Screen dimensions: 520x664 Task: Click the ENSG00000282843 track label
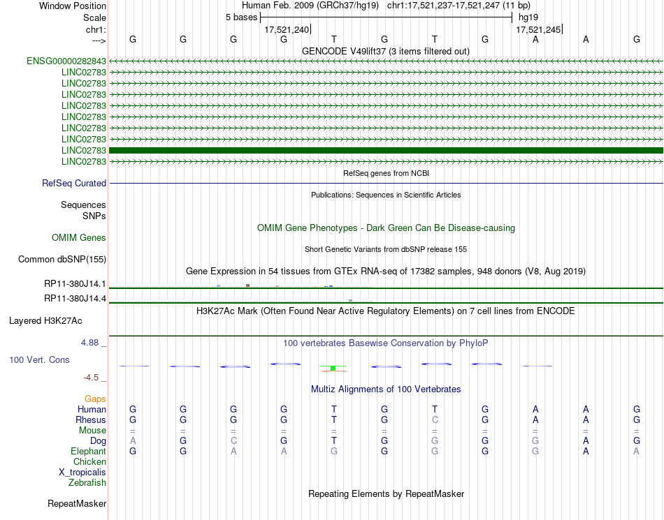tap(66, 61)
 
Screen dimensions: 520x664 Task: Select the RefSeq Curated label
tap(74, 184)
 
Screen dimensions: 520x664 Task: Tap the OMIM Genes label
tap(79, 238)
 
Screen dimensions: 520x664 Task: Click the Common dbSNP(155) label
tap(62, 260)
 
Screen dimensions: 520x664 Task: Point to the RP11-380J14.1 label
tap(75, 284)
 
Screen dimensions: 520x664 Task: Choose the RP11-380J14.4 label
tap(75, 299)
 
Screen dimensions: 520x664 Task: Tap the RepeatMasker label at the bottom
tap(77, 503)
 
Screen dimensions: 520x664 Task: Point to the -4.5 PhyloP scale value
tap(91, 378)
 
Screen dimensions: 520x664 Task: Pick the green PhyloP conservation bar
tap(333, 368)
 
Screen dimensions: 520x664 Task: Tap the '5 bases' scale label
tap(241, 17)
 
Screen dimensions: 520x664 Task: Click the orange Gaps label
tap(95, 399)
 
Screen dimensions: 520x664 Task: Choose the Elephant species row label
tap(88, 452)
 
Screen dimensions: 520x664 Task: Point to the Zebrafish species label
tap(87, 482)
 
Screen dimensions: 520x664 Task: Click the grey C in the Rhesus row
tap(435, 419)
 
